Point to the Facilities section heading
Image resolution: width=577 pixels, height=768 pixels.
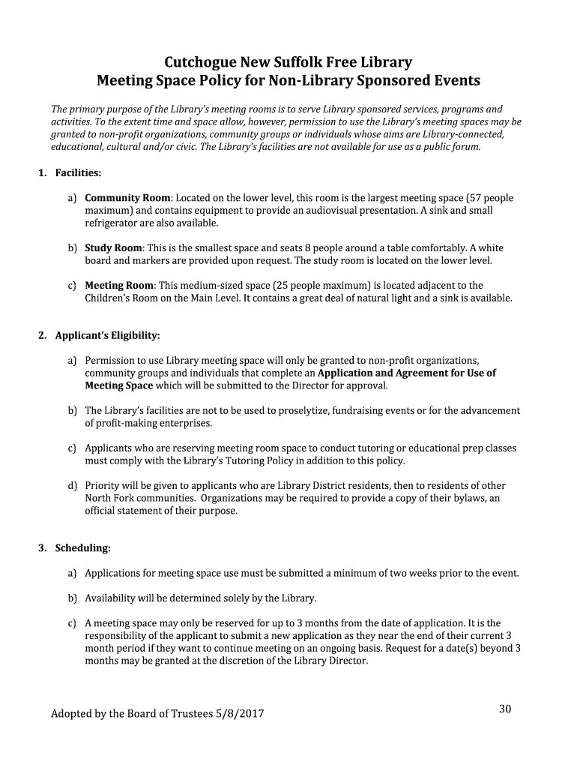pyautogui.click(x=78, y=173)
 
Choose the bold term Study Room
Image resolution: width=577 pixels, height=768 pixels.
pyautogui.click(x=113, y=247)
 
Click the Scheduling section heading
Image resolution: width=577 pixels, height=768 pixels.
pyautogui.click(x=82, y=548)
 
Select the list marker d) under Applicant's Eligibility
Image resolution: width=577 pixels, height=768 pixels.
pyautogui.click(x=73, y=485)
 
